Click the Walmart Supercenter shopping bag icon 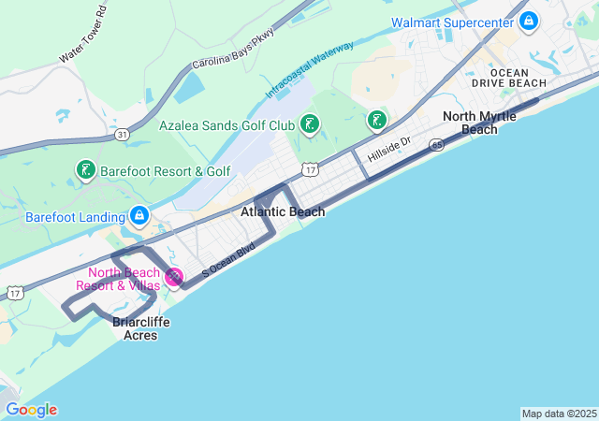coord(529,20)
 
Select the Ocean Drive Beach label coord(517,78)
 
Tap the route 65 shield coord(437,145)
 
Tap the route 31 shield coord(122,135)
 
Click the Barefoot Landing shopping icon coord(139,216)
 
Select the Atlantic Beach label coord(283,212)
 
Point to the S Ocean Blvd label coord(227,258)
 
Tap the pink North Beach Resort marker coord(174,276)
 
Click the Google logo coord(31,410)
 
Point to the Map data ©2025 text coord(559,414)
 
